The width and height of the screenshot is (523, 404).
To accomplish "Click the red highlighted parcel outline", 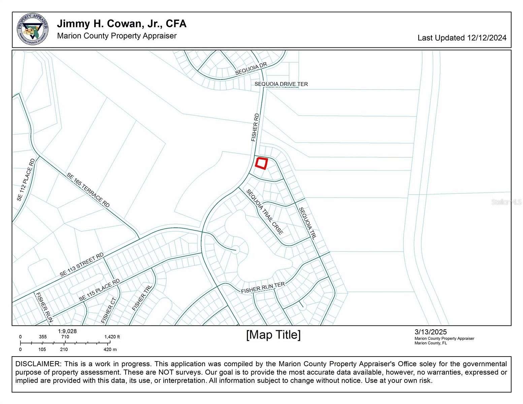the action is click(261, 163).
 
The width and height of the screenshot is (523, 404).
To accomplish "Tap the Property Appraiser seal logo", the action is click(32, 30).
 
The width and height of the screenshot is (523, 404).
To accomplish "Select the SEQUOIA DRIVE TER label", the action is click(281, 84).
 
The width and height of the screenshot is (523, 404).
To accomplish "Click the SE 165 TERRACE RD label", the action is click(88, 190).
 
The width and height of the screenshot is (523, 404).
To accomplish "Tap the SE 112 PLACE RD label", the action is click(26, 180).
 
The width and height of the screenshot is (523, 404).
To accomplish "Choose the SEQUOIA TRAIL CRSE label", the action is click(265, 212).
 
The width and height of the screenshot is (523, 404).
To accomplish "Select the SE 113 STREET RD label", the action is click(82, 265).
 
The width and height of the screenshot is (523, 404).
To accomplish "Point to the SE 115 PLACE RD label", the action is click(99, 290).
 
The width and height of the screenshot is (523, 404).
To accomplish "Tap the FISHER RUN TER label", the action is click(263, 288).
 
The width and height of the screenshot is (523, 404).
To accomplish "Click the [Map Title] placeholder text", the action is click(273, 335).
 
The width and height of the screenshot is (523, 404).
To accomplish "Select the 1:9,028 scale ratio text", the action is click(67, 331).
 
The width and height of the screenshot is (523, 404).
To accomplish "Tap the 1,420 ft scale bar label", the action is click(112, 337).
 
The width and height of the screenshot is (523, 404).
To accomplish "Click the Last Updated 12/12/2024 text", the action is click(462, 38).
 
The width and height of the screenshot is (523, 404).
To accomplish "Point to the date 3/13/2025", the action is click(430, 333).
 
